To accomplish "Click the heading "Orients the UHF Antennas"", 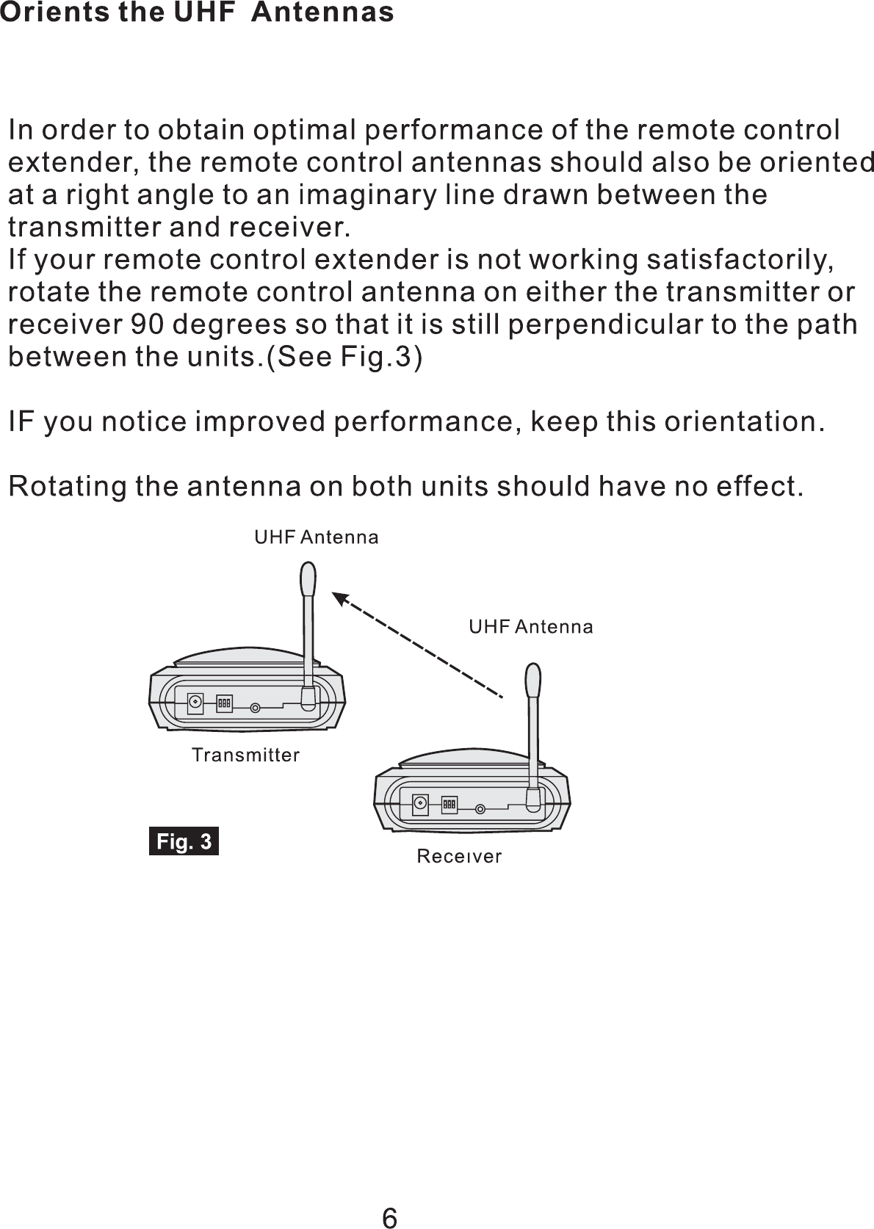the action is pos(197,12).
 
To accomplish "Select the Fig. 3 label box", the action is pos(184,841).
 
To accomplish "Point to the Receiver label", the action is pos(459,856).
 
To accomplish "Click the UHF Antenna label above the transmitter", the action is pos(316,537).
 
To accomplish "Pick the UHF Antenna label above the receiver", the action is pos(530,627).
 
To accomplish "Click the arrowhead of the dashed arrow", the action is pos(340,599).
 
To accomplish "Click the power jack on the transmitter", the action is pos(195,703).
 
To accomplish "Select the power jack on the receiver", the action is pos(420,804).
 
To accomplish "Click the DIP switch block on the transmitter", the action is pos(224,703).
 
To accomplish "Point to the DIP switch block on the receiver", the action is pos(449,805).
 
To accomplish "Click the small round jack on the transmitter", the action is pos(255,708).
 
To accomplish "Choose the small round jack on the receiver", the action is pos(480,810).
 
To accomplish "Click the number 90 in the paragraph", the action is pos(145,325).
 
